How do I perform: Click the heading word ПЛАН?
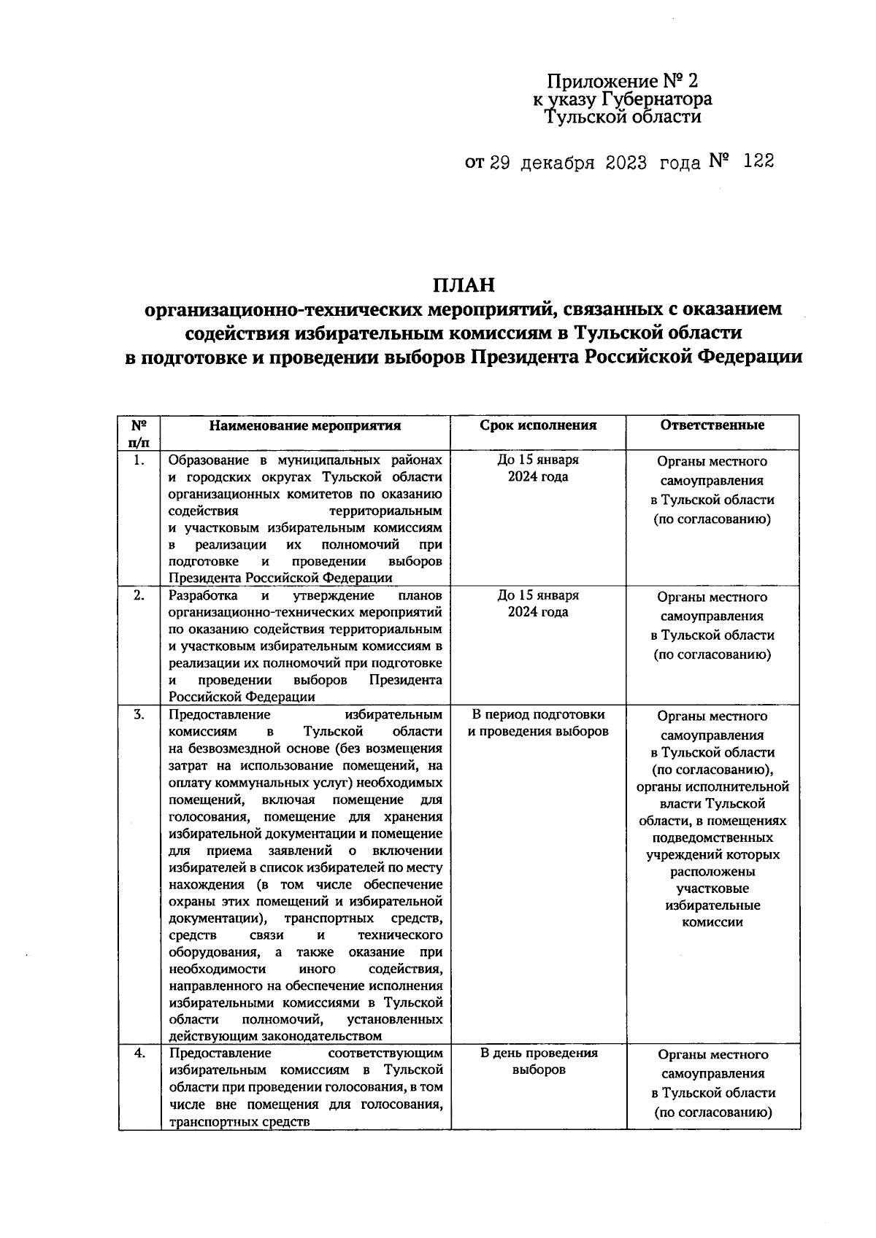[x=464, y=283]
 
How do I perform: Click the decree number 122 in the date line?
[x=758, y=161]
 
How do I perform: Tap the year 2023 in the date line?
[x=626, y=162]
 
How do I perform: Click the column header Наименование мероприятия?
[x=305, y=425]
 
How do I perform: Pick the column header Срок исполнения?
[x=538, y=425]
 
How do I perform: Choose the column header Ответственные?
[x=712, y=425]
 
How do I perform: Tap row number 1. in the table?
[x=139, y=460]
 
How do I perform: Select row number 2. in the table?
[x=139, y=595]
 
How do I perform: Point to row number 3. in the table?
[x=139, y=714]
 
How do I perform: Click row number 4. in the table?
[x=139, y=1053]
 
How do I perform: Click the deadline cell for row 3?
[x=538, y=723]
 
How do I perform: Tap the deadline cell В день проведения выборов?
[x=538, y=1061]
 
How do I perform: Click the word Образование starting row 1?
[x=207, y=460]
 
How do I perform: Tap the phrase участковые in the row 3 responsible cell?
[x=712, y=889]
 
